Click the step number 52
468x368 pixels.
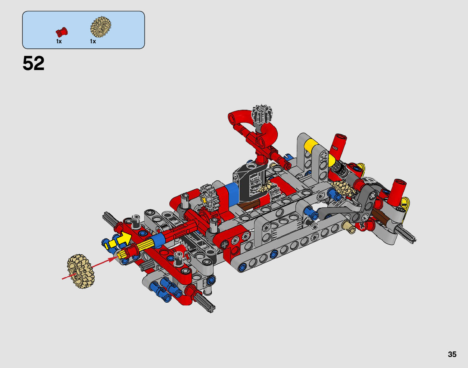[x=33, y=63]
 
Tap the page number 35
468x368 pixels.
[x=452, y=354]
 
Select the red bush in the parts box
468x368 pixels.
[x=62, y=32]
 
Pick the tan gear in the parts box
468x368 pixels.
[x=101, y=27]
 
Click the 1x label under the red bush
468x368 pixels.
[x=59, y=42]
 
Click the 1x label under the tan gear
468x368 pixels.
[x=93, y=42]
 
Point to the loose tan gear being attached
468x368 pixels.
[x=81, y=271]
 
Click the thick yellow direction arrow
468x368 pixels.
[x=123, y=239]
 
